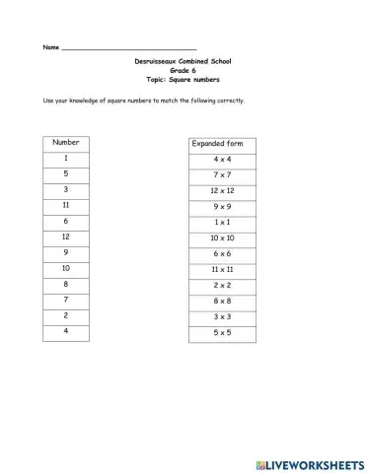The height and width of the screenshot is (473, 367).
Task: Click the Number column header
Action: coord(65,142)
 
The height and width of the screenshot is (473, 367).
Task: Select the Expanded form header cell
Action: coord(221,144)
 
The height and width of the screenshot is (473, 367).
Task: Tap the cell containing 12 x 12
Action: coord(221,190)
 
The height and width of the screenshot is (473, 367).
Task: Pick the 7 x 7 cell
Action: coord(221,174)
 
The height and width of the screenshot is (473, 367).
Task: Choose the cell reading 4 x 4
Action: coord(221,159)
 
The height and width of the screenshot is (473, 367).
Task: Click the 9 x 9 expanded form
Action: coord(221,206)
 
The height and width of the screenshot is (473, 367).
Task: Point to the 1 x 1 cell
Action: coord(221,222)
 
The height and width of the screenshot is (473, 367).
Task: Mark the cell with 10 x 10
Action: coord(221,237)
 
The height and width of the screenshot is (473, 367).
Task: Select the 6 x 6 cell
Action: coord(221,253)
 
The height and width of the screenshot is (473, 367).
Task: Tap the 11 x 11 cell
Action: coord(221,269)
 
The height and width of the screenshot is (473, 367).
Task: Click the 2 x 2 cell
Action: coord(221,285)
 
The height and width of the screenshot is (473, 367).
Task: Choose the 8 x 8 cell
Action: coord(221,301)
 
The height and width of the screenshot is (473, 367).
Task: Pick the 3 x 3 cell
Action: coord(221,316)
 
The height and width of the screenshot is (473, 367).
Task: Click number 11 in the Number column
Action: coord(65,205)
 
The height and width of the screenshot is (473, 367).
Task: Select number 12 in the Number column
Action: coord(65,236)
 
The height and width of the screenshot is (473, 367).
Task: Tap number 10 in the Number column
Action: coord(65,268)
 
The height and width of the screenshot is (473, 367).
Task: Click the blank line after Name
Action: coord(128,47)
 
